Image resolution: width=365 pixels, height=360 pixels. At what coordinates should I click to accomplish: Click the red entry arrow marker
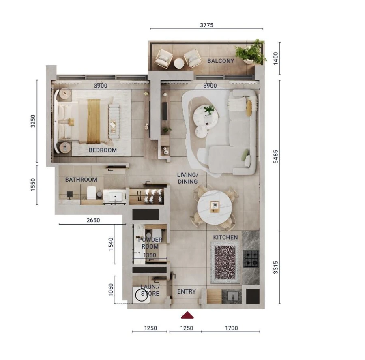point(187,315)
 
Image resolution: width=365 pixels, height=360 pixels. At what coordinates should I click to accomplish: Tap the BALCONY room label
point(221,61)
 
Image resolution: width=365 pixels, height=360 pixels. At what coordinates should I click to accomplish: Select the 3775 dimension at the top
point(206,25)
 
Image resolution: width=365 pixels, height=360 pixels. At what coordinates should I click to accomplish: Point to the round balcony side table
point(179,63)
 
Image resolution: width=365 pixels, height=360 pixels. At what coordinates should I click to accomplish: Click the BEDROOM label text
point(103,150)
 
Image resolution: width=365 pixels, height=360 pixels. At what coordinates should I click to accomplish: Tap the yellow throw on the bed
point(93,121)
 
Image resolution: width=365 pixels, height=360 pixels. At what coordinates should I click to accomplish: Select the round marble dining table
point(215,207)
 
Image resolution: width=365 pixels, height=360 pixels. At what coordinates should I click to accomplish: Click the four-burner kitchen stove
point(251,259)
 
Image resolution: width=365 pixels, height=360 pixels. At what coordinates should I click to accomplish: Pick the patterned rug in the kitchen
point(225,263)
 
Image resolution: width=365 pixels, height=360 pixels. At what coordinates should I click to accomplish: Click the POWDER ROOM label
point(150,243)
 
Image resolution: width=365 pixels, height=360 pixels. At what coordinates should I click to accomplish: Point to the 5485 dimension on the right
point(276,156)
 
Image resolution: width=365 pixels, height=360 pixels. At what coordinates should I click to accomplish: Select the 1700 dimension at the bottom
point(231,328)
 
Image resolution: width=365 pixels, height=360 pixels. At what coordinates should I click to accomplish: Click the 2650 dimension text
point(93,221)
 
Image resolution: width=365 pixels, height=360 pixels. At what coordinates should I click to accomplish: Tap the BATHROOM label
point(81,180)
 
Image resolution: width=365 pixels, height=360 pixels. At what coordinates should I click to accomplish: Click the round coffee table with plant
point(206,115)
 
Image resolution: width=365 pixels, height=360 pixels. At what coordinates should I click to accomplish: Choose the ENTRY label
point(187,291)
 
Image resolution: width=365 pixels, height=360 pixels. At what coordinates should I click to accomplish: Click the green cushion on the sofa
point(245,154)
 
